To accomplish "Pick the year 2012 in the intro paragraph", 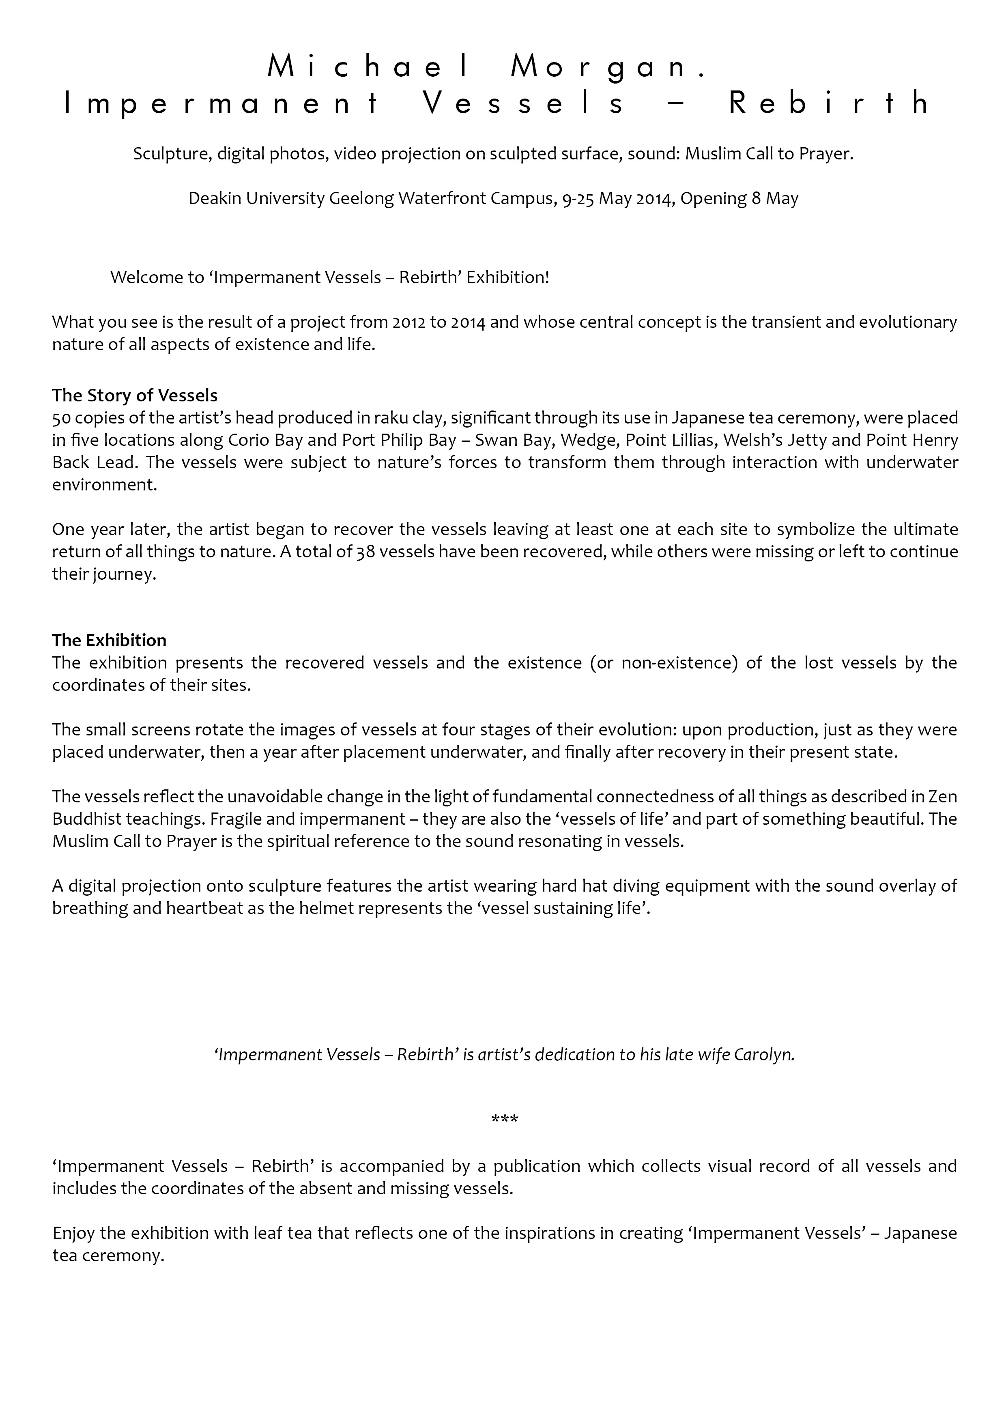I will (x=409, y=322).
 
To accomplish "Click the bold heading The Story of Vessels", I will (x=135, y=396).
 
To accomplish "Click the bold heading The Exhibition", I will (x=109, y=640).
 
